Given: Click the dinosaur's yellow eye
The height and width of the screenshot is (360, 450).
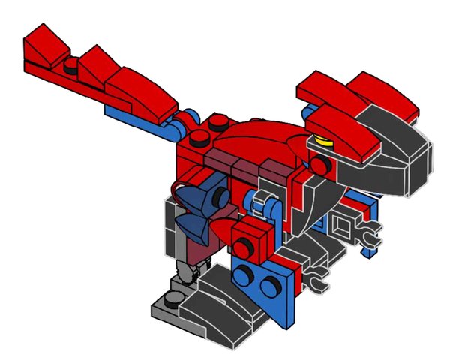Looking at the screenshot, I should pos(323,139).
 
